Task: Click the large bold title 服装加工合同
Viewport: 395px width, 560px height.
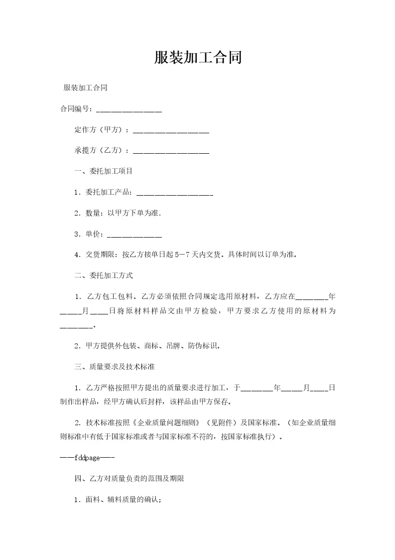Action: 198,58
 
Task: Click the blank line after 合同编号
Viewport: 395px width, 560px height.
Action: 129,109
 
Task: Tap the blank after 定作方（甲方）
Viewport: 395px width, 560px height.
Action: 171,130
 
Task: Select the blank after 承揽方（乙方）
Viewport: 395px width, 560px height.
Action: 171,151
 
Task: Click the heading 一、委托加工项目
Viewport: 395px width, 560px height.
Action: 104,171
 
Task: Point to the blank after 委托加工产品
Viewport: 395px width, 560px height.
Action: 174,192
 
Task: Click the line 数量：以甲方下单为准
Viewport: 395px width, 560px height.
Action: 118,213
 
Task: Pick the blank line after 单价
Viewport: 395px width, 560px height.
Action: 134,234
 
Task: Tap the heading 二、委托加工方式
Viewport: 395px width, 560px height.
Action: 104,276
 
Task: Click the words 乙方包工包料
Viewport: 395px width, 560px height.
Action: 112,296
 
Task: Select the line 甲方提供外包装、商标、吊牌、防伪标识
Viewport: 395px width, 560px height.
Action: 147,346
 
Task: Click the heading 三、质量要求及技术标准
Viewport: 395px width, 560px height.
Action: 115,367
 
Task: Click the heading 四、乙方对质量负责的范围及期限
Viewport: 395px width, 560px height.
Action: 130,479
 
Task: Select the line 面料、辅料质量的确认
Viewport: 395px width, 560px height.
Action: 118,500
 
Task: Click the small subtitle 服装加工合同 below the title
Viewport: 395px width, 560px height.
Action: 86,88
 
